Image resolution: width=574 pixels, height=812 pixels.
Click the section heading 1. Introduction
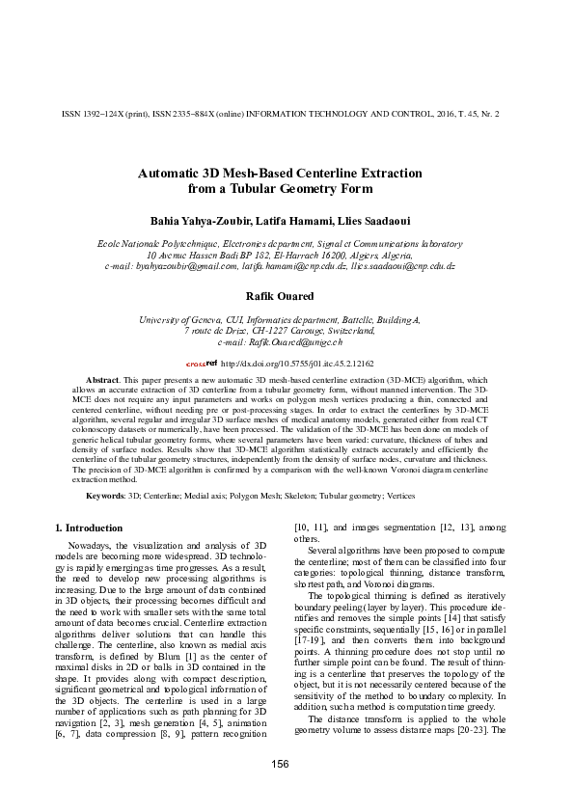pos(88,528)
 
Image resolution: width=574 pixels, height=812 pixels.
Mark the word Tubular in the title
pos(259,189)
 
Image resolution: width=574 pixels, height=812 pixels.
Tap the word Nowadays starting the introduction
pos(96,546)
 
